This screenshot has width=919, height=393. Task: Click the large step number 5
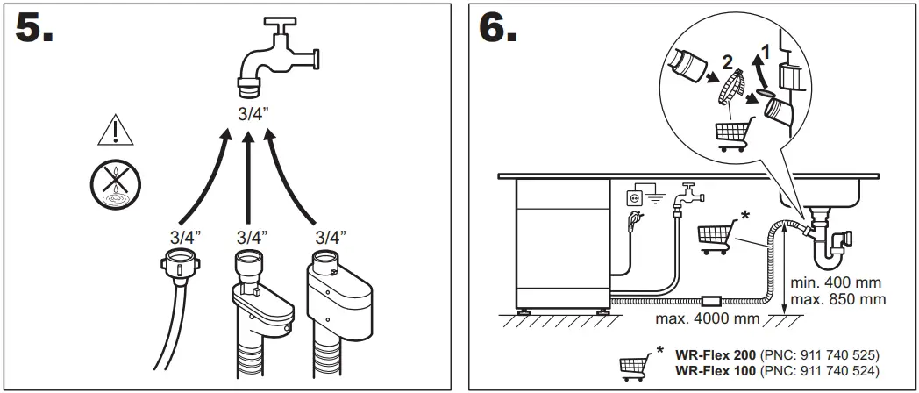click(x=35, y=29)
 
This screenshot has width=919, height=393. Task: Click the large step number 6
click(x=498, y=29)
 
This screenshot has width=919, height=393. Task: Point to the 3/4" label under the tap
click(x=254, y=112)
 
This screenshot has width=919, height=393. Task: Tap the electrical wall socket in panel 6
click(x=633, y=199)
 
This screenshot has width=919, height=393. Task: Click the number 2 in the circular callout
click(x=725, y=62)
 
